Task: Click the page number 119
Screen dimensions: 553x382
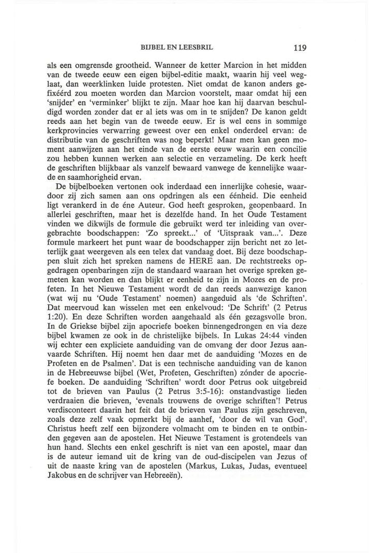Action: [299, 48]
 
